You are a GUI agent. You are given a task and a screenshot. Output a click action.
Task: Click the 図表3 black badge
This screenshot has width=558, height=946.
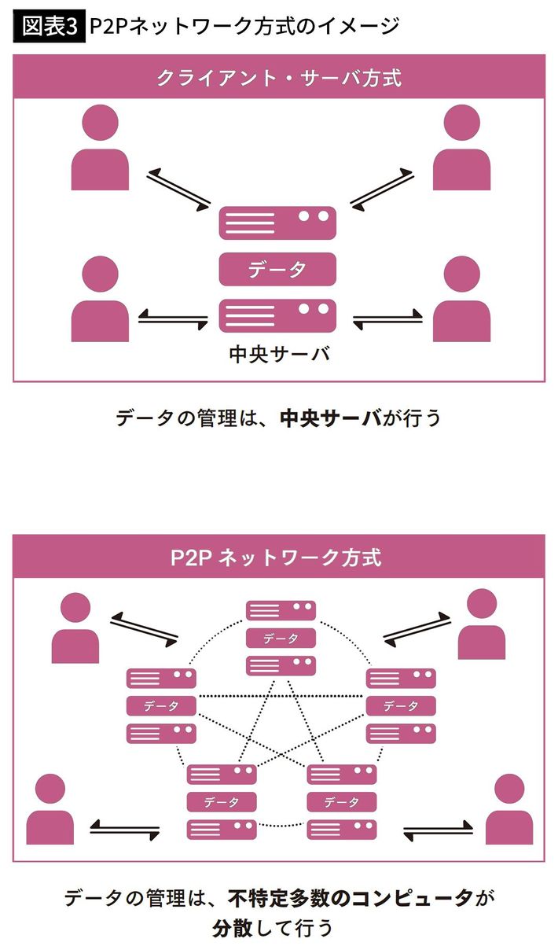(x=46, y=26)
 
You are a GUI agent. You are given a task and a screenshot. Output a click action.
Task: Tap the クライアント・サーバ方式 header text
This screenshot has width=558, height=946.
(x=279, y=79)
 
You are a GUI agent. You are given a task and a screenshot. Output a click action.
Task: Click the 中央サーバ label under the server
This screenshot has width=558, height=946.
(x=278, y=355)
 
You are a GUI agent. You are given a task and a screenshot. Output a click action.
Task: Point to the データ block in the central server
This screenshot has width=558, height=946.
(x=277, y=269)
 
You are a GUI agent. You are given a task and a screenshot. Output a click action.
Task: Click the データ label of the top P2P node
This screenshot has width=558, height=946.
(x=281, y=639)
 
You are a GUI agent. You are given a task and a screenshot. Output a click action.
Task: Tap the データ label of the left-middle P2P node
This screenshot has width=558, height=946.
(x=161, y=705)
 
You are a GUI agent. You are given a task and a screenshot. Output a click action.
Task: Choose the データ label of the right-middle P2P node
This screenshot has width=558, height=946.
(x=401, y=705)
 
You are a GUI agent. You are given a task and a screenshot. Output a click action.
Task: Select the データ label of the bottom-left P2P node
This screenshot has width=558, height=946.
(x=221, y=802)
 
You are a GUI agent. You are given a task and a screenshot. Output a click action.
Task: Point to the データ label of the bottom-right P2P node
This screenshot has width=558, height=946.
(x=341, y=802)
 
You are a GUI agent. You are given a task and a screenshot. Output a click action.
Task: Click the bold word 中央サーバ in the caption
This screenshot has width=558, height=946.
(x=331, y=417)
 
